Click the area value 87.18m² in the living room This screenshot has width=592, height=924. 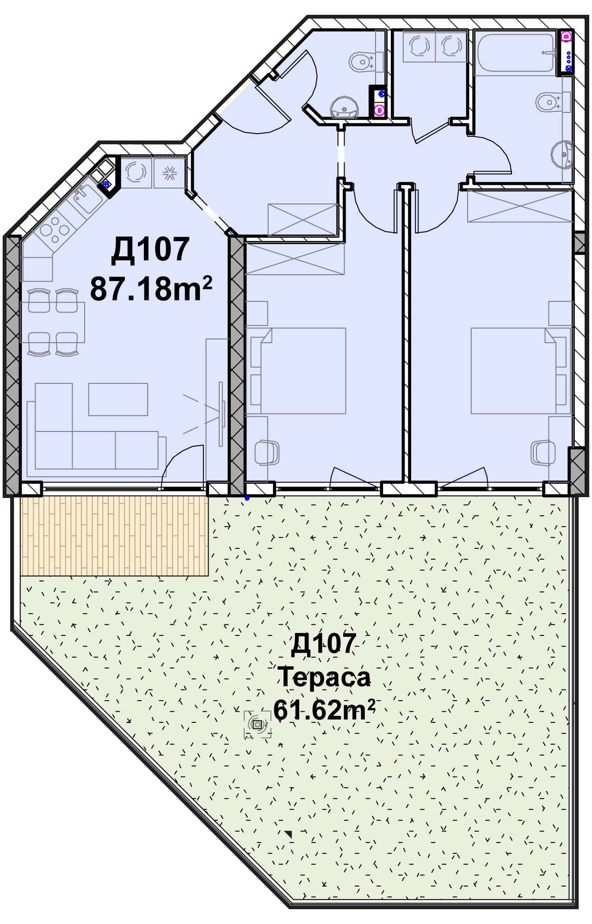[151, 289]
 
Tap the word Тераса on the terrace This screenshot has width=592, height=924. [324, 677]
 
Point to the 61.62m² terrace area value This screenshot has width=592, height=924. [324, 710]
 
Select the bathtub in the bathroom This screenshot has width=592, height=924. [515, 53]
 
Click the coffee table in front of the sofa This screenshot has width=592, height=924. [118, 399]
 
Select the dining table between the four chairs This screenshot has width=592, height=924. [52, 322]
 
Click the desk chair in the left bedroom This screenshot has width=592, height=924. [267, 452]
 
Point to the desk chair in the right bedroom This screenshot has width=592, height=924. [543, 452]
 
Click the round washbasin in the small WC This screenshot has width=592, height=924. [344, 108]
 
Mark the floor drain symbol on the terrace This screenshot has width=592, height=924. [258, 725]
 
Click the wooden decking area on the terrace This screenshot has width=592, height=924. [114, 536]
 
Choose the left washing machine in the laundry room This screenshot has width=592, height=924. [419, 46]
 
